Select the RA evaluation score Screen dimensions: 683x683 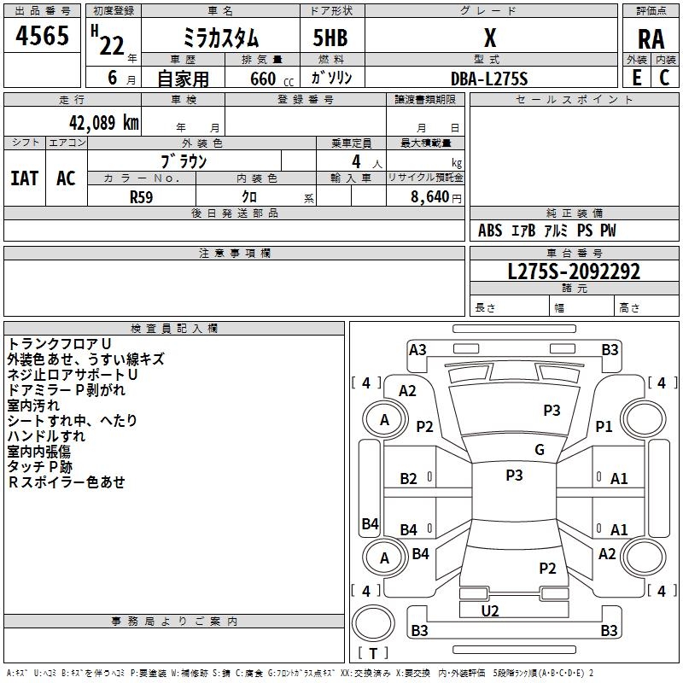click(x=651, y=39)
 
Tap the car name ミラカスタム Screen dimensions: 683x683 click(x=220, y=38)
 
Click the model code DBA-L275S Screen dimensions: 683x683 click(x=489, y=78)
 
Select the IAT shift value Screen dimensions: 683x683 click(x=24, y=178)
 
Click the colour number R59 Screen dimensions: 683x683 click(x=142, y=196)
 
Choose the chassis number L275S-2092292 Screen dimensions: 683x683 click(x=574, y=271)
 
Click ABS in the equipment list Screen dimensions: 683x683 click(x=490, y=231)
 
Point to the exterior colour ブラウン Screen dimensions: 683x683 click(x=184, y=161)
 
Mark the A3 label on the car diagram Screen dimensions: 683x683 click(x=417, y=349)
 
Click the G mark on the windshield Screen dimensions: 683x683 click(x=540, y=450)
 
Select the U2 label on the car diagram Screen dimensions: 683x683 click(x=490, y=610)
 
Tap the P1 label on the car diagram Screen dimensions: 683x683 click(x=604, y=426)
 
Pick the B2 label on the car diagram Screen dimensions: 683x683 click(x=409, y=479)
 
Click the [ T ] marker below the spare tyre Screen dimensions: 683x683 click(x=373, y=653)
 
